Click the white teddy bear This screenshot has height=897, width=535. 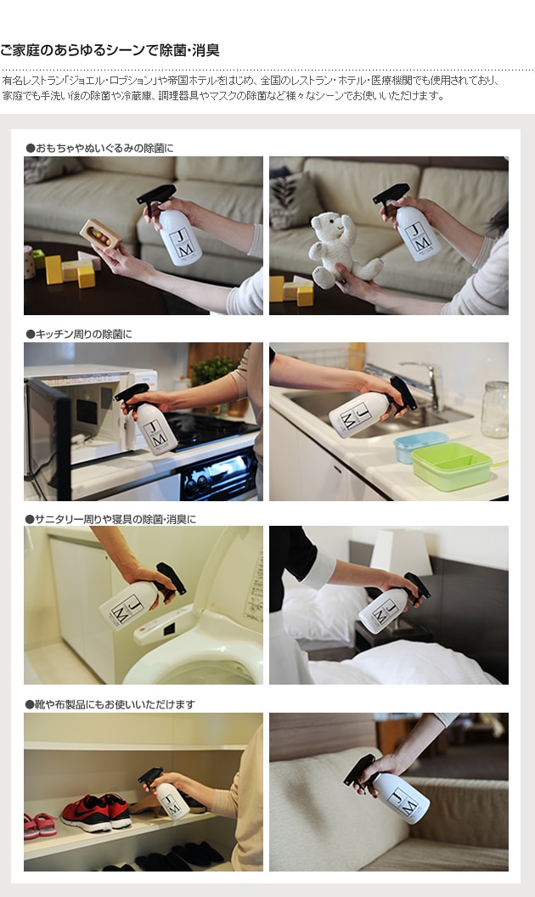[341, 250]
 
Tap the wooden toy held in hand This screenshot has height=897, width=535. [101, 234]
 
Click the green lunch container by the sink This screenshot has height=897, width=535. [452, 465]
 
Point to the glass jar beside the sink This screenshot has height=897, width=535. [495, 409]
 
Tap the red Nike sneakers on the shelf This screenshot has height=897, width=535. [96, 811]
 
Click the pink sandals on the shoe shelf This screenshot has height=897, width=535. [39, 826]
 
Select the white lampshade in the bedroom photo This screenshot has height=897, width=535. [401, 552]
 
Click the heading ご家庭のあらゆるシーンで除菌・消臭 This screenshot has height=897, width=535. [110, 51]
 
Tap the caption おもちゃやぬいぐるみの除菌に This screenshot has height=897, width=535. [99, 148]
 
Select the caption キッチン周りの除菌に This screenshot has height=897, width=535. [79, 334]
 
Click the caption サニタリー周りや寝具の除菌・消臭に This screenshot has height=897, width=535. [110, 520]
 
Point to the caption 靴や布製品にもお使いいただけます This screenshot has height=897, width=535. [110, 704]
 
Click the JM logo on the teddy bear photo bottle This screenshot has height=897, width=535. [417, 236]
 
